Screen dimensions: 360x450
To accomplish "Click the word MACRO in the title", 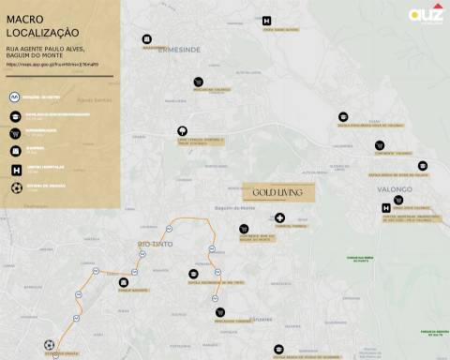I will coord(24,17).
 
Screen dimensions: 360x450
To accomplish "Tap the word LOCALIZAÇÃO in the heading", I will coord(43,32).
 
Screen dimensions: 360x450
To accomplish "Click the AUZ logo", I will coord(427,13).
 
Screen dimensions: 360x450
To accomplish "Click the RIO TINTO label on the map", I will coord(156,245).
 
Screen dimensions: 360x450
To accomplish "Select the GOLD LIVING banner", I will coord(277,191).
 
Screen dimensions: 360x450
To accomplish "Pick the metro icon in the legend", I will coord(15,97).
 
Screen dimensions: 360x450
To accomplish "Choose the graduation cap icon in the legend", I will coord(15,115).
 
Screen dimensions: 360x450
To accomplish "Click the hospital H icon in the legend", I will coord(15,170).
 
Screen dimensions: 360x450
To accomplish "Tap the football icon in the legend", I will coord(15,187).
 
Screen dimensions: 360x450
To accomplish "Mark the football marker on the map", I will coord(49,345).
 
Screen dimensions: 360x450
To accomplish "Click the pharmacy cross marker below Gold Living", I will coord(279,217).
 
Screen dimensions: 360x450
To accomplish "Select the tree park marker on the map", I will coord(182,131).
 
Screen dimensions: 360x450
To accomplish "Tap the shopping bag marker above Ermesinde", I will coord(147,39).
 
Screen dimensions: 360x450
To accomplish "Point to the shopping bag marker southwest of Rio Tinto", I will coord(123,282).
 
